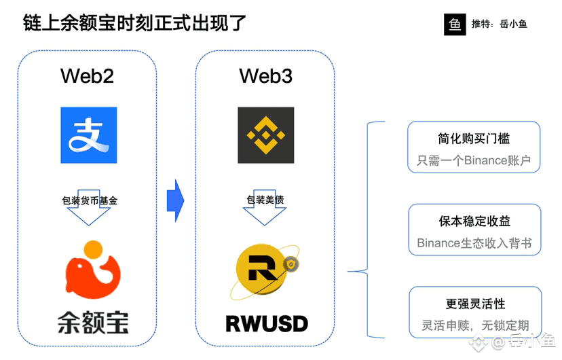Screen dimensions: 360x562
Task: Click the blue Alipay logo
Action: (x=88, y=134)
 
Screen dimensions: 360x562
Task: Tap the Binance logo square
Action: (x=265, y=134)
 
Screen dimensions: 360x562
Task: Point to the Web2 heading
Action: (x=88, y=75)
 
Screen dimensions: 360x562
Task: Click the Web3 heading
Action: (x=265, y=75)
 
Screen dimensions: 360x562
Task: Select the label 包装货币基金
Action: (x=90, y=200)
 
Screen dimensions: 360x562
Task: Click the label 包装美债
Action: (x=265, y=200)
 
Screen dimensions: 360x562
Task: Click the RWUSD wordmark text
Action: (x=266, y=323)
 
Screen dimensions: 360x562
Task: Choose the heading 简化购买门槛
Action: (x=474, y=139)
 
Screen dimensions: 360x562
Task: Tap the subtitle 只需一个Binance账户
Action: (x=474, y=161)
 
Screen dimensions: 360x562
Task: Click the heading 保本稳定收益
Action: (x=474, y=221)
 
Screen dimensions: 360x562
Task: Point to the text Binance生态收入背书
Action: (x=474, y=243)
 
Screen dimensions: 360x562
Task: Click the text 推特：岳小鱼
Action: (x=499, y=24)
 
